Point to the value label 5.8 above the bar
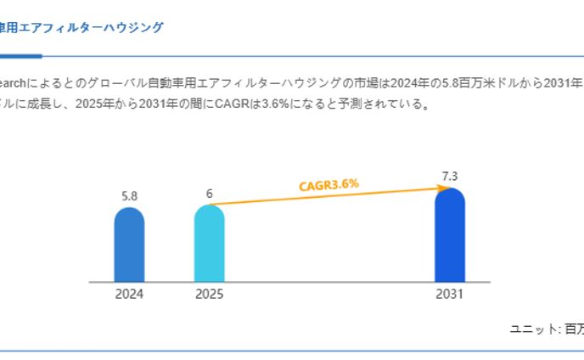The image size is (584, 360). coord(129,196)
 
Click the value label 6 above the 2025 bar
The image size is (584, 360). coord(209,194)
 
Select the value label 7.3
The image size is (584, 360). coord(449,176)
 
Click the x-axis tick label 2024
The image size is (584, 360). coord(129,295)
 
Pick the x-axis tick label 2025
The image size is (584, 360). coord(209,295)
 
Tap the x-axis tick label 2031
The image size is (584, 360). coord(449,295)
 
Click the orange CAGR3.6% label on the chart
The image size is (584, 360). coord(328,184)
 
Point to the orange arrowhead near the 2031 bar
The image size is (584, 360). coord(441,188)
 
